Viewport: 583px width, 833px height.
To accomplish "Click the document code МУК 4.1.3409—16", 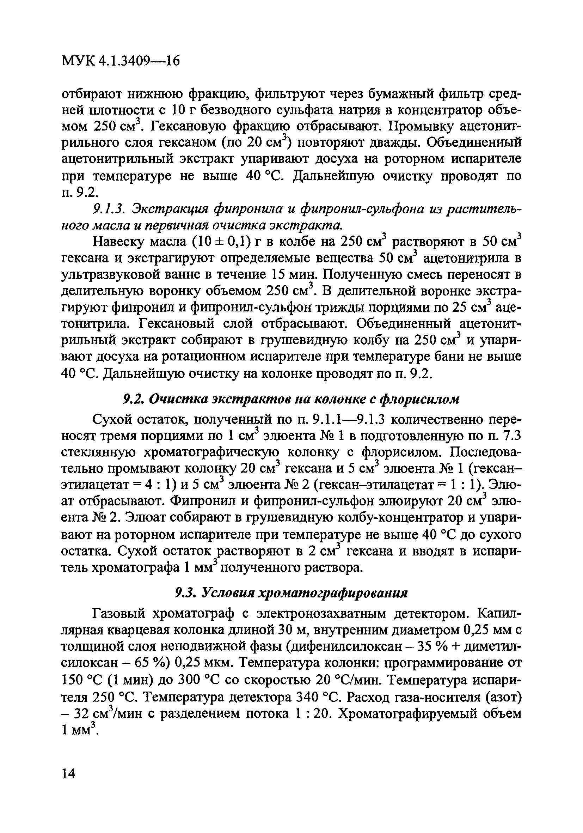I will pyautogui.click(x=121, y=61).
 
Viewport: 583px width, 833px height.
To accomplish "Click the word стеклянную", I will pyautogui.click(x=93, y=452).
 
